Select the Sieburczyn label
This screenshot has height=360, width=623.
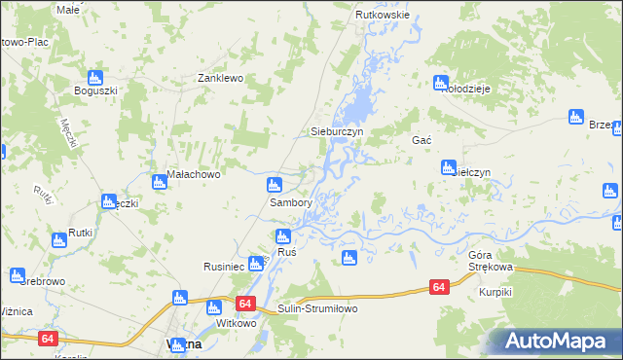pos(336,130)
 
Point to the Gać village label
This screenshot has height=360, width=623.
pos(421,140)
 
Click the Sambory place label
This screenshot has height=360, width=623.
pos(290,203)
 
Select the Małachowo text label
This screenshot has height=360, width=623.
pos(195,175)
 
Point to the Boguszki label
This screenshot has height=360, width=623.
pos(95,91)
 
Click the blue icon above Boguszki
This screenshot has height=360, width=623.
pos(95,77)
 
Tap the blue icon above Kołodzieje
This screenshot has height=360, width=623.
pos(441,83)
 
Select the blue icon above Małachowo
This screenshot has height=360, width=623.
pos(160,181)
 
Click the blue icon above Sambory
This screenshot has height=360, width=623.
pos(275,184)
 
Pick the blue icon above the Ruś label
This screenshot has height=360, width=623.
pos(283,235)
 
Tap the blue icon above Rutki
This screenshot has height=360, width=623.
pos(58,238)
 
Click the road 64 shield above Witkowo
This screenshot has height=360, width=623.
pos(243,304)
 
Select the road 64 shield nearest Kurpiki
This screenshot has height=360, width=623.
pos(439,287)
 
